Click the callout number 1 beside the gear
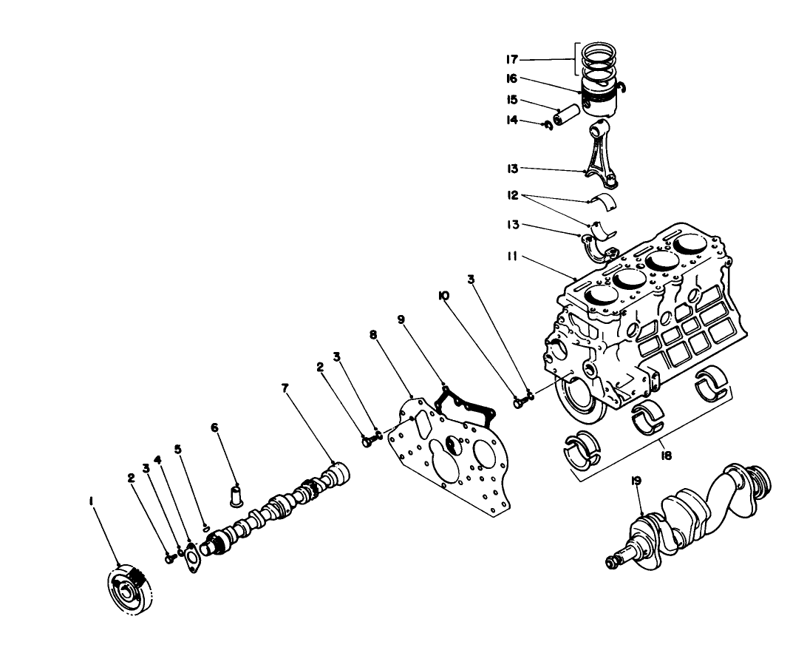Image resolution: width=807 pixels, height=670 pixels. click(x=91, y=501)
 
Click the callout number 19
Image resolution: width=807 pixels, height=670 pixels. click(x=637, y=481)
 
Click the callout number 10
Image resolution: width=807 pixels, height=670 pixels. click(x=443, y=296)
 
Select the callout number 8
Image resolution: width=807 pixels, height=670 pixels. click(x=373, y=335)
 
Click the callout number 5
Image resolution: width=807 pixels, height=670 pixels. click(x=177, y=449)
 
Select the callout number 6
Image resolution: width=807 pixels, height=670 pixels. click(x=214, y=427)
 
